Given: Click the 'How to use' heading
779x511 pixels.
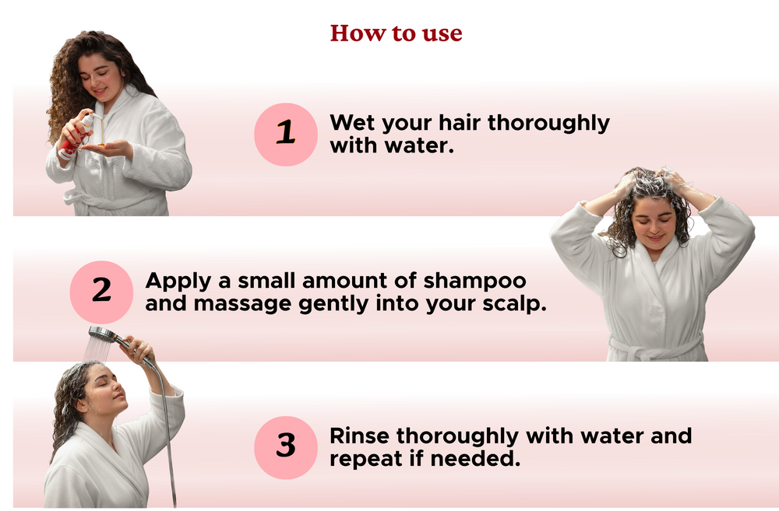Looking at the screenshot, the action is point(396,33).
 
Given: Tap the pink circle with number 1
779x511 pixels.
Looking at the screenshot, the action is point(286,135).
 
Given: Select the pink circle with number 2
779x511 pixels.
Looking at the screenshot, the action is point(101,292).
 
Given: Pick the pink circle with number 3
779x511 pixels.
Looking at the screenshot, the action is point(286,447).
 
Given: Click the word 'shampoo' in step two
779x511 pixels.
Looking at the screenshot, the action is point(474,282).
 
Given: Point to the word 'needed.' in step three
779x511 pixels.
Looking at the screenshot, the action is point(475,458).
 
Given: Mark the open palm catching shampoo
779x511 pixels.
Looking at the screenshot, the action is point(107,148).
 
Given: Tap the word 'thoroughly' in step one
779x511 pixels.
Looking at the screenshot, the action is point(548,124).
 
